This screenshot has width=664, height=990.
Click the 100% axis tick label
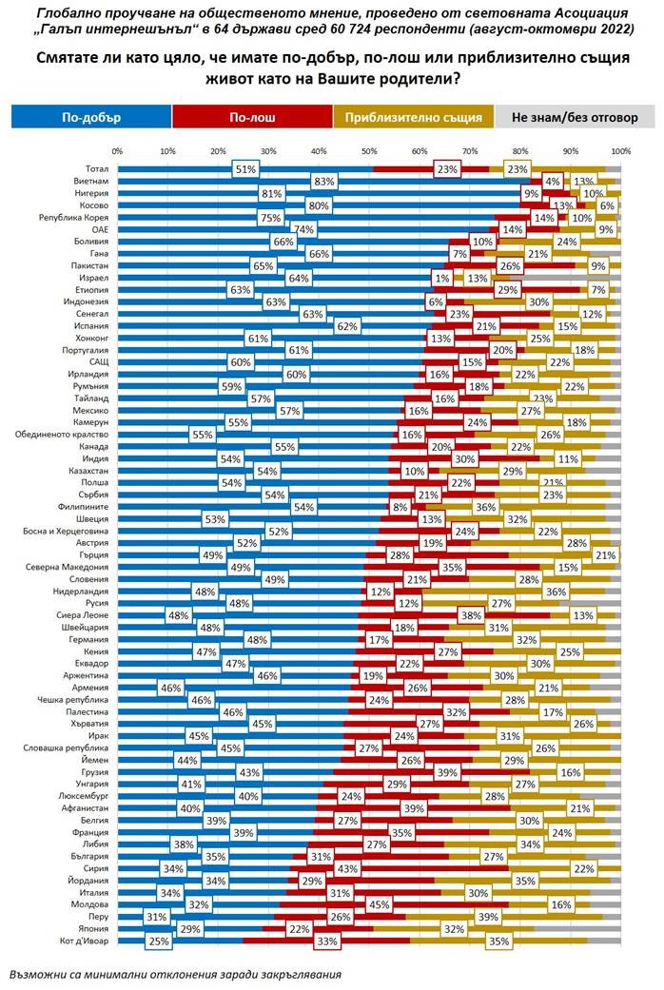620,151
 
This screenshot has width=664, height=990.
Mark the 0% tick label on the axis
117,151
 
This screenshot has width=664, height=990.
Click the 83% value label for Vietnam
323,181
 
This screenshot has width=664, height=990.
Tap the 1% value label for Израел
440,279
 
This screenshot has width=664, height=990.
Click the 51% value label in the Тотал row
245,168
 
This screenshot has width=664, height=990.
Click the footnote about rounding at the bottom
175,975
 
